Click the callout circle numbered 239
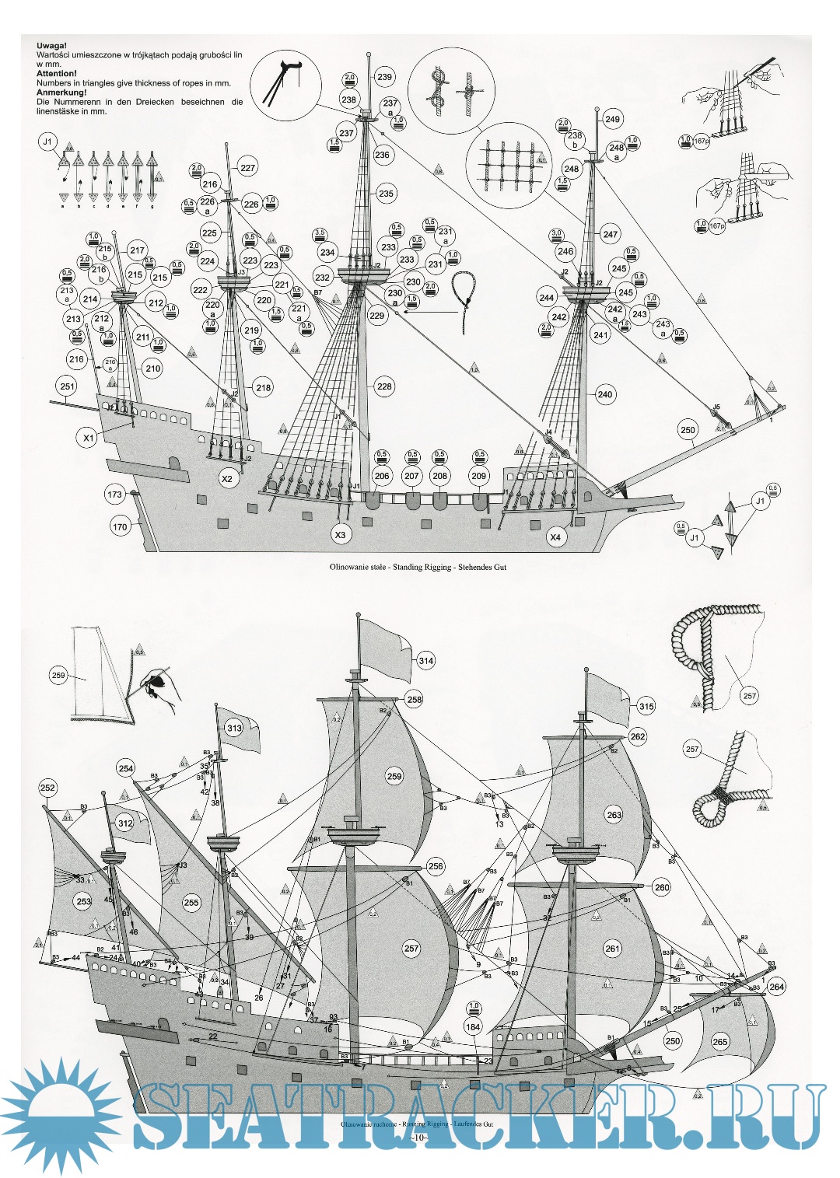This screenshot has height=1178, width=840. pos(384,76)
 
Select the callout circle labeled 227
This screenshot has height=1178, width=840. pos(247,167)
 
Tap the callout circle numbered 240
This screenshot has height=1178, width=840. pos(605,393)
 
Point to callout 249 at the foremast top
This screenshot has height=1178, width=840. pos(612,119)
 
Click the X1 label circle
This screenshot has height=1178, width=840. pos(89,438)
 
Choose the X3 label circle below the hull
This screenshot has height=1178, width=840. pos(340,535)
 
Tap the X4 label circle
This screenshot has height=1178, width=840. pos(555,537)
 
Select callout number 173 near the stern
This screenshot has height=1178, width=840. pos(115,494)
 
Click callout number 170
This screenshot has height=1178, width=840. pos(120,526)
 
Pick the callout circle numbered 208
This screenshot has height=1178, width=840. pos(440,476)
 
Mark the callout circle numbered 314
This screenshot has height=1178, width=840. pos(425,661)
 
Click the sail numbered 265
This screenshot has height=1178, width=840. pos(720,1042)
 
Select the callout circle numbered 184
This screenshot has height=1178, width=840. pos(473,1026)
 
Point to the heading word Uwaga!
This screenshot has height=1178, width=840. pos(52,46)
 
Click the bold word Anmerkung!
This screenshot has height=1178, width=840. pos(61,93)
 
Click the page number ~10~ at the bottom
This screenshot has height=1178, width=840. pos(418,1138)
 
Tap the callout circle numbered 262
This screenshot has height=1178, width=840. pos(638,736)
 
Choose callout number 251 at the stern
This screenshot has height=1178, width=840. pos(68,386)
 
